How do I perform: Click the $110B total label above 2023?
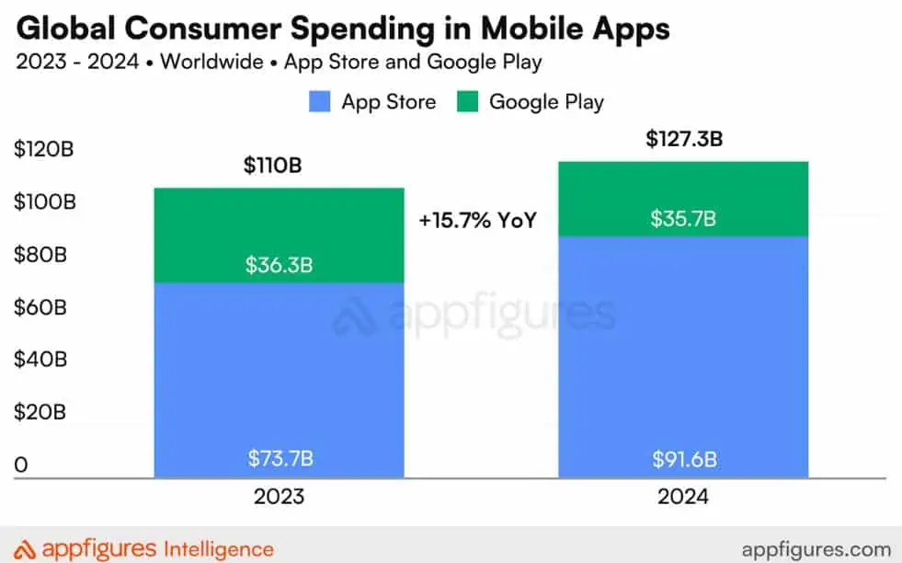pos(272,167)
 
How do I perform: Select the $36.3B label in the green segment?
pos(279,265)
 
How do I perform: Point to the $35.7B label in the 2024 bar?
pos(683,219)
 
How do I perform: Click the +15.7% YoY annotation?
pos(476,221)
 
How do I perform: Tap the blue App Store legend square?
pos(320,101)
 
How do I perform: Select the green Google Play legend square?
pos(467,101)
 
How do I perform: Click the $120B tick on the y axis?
pos(43,149)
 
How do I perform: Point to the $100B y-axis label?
pos(43,202)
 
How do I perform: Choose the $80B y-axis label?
pos(40,255)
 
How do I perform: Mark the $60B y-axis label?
pos(40,307)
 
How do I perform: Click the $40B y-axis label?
pos(40,360)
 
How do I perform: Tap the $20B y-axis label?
pos(40,412)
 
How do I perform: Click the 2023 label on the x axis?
pos(279,497)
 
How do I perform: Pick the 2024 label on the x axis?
pos(683,497)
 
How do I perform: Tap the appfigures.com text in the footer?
pos(804,548)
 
